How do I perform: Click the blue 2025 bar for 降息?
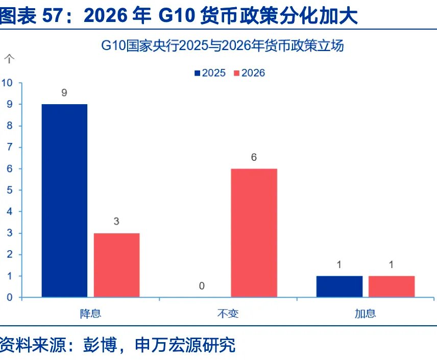pyautogui.click(x=64, y=200)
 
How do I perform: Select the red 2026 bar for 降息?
pyautogui.click(x=116, y=265)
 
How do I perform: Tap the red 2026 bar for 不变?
pyautogui.click(x=254, y=233)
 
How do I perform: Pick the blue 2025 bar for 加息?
pyautogui.click(x=339, y=286)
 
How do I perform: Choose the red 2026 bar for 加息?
pyautogui.click(x=391, y=286)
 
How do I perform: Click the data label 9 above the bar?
pyautogui.click(x=64, y=93)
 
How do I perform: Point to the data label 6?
pyautogui.click(x=254, y=158)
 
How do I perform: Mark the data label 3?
pyautogui.click(x=116, y=222)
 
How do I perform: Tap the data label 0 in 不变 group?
pyautogui.click(x=202, y=286)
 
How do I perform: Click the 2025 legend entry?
pyautogui.click(x=210, y=73)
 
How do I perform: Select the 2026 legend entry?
pyautogui.click(x=249, y=73)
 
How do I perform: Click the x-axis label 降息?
pyautogui.click(x=90, y=313)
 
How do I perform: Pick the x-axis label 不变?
pyautogui.click(x=228, y=313)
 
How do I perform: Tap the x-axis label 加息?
pyautogui.click(x=365, y=313)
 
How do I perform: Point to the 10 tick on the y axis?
pyautogui.click(x=9, y=83)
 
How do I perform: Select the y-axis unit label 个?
pyautogui.click(x=9, y=59)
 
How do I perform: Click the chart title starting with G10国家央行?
pyautogui.click(x=222, y=46)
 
